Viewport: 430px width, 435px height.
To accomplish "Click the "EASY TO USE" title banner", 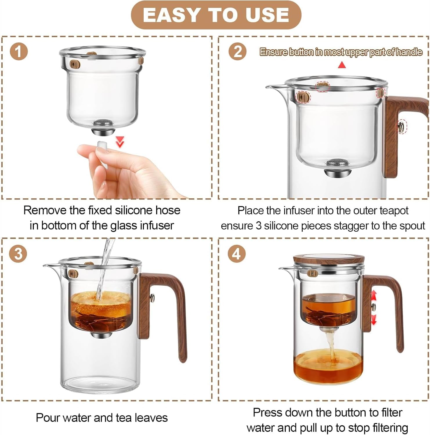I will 216,15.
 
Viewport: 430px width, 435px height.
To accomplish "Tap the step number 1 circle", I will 19,52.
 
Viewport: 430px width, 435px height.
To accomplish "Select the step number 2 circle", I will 238,52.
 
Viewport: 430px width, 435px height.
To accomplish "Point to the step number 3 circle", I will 18,254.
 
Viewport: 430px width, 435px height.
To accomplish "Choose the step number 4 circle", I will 237,254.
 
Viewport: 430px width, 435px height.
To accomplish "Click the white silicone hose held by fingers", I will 103,146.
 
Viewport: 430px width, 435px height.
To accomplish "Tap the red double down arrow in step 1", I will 120,142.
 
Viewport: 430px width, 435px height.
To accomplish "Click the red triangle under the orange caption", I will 342,65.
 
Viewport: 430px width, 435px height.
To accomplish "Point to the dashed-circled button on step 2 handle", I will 401,126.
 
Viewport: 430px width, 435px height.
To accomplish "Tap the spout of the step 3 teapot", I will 48,265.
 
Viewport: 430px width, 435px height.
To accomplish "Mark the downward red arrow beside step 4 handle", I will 374,319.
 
